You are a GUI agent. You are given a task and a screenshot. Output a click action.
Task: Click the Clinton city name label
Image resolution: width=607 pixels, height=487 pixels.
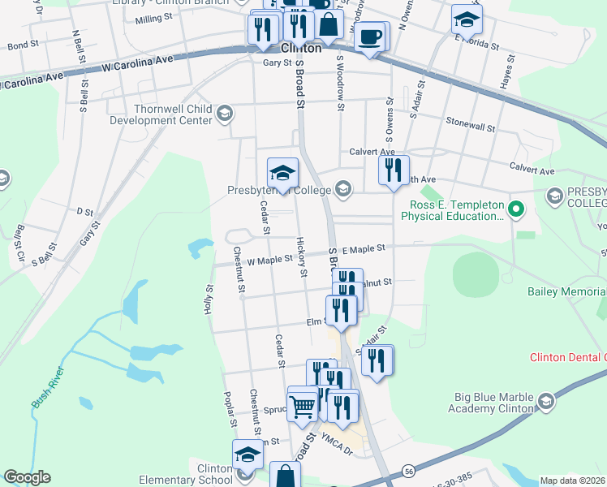(x=301, y=48)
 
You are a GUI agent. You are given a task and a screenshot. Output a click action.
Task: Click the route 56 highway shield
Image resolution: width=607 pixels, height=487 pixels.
(x=408, y=471)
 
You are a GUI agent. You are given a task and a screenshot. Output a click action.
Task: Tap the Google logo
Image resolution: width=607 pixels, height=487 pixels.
(x=27, y=477)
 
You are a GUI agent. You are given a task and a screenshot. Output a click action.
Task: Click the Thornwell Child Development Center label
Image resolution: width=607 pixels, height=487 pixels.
(x=161, y=114)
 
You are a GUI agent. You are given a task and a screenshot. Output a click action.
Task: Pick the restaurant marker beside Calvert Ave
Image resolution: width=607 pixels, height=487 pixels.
(x=394, y=170)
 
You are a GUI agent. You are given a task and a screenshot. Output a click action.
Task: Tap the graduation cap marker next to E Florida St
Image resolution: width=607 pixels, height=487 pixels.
(x=467, y=19)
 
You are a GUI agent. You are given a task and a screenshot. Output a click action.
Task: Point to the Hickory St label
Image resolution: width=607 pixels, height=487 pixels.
(x=301, y=256)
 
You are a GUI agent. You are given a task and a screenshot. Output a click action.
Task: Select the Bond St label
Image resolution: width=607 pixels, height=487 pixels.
(x=23, y=46)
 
